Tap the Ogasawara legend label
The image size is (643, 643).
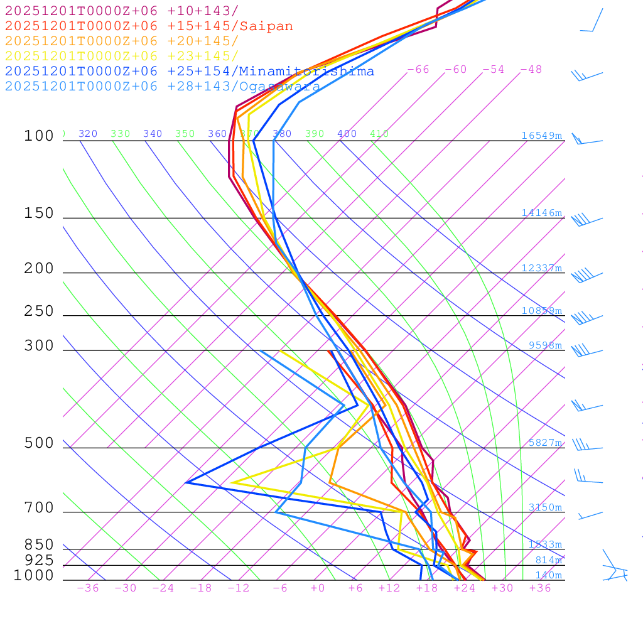279,87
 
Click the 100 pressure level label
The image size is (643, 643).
39,136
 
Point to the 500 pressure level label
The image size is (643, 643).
39,443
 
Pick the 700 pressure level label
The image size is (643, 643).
39,508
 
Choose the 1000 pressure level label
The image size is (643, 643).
34,575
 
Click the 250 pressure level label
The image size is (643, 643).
39,311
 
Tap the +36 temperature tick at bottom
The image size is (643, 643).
540,588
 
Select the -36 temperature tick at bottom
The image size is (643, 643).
88,588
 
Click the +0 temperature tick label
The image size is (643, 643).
317,588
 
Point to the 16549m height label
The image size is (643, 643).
542,136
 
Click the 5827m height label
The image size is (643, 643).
545,443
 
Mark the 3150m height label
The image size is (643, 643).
545,507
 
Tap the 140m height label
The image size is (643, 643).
548,575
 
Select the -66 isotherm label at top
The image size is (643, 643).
418,70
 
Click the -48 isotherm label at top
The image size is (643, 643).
531,70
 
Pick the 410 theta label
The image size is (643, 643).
379,134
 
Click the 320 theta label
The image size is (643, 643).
88,134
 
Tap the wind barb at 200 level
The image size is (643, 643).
584,275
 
